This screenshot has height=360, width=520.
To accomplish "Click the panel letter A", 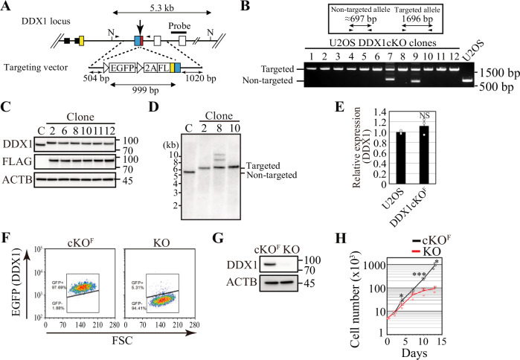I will click(8, 8).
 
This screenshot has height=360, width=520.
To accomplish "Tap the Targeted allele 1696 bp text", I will click(425, 16).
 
